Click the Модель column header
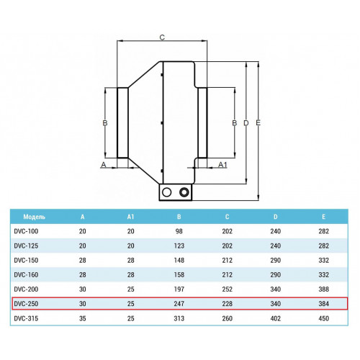pyautogui.click(x=34, y=217)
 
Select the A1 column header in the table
pyautogui.click(x=130, y=217)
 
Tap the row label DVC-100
pyautogui.click(x=26, y=231)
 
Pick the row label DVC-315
pyautogui.click(x=26, y=318)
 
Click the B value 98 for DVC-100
pyautogui.click(x=179, y=231)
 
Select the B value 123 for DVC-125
pyautogui.click(x=179, y=246)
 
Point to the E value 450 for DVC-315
pyautogui.click(x=323, y=318)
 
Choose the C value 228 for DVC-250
pyautogui.click(x=227, y=304)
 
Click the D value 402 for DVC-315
pyautogui.click(x=276, y=318)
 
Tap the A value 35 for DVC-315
pyautogui.click(x=83, y=318)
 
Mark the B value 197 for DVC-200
pyautogui.click(x=179, y=289)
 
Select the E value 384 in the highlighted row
pyautogui.click(x=323, y=304)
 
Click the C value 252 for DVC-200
pyautogui.click(x=227, y=289)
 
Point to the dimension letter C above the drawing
pyautogui.click(x=162, y=37)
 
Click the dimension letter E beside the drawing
pyautogui.click(x=258, y=123)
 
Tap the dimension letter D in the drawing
pyautogui.click(x=246, y=123)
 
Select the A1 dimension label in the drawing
pyautogui.click(x=222, y=165)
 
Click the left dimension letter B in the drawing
pyautogui.click(x=105, y=123)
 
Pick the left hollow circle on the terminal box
pyautogui.click(x=166, y=192)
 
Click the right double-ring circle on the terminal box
pyautogui.click(x=184, y=192)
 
